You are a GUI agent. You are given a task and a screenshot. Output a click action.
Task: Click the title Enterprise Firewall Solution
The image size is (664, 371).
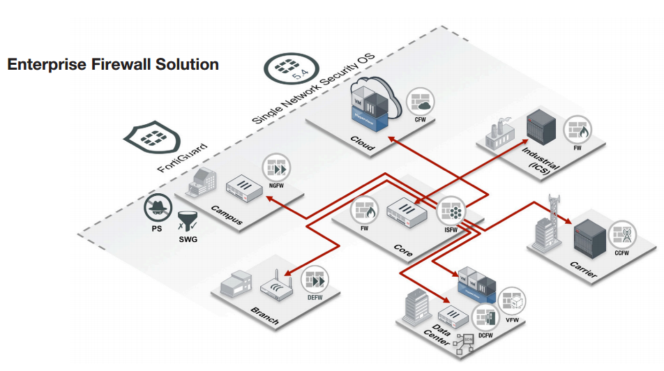[x=113, y=65]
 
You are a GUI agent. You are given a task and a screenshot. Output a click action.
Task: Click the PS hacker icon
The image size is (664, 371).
[x=159, y=209]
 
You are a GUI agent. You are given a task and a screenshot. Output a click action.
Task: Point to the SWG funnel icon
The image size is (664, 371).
[x=188, y=222]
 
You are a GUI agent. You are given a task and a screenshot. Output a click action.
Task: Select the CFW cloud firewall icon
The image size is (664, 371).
[x=421, y=102]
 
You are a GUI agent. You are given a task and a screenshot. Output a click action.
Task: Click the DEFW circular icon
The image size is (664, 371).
[x=316, y=280]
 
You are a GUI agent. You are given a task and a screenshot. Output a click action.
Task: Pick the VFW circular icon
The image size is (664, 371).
[x=513, y=301]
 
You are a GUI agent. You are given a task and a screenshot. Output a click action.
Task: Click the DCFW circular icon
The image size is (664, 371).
[x=485, y=317]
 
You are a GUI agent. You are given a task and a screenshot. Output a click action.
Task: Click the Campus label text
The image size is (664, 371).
[x=227, y=217]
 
